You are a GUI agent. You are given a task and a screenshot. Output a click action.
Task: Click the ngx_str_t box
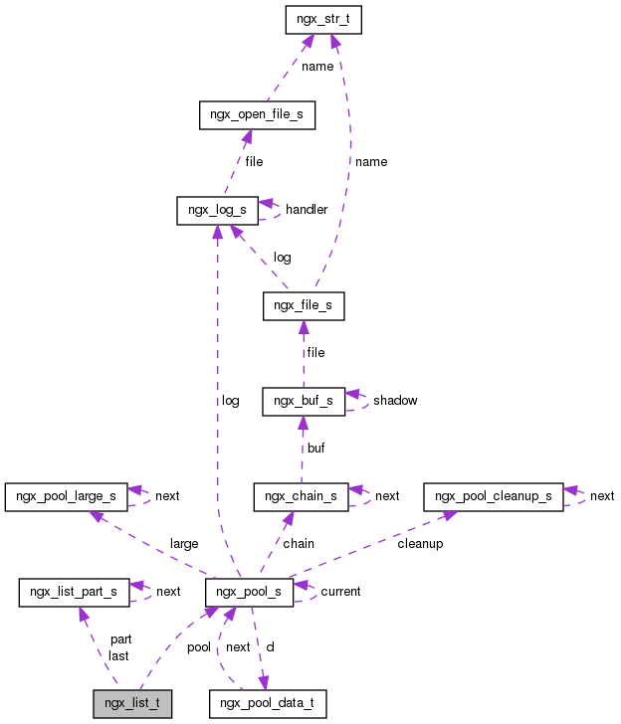(x=322, y=19)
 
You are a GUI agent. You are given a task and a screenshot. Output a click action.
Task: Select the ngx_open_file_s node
(x=257, y=114)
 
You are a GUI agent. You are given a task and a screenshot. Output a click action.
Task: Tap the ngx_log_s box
(x=217, y=210)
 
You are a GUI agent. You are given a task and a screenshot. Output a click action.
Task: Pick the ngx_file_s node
(x=304, y=306)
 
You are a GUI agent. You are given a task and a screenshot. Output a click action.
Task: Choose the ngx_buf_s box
(x=304, y=401)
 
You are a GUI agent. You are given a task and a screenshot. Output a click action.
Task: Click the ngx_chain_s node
(x=301, y=495)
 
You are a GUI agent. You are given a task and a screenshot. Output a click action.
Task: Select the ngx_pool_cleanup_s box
(x=494, y=495)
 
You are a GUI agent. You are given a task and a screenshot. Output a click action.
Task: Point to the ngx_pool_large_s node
(x=68, y=495)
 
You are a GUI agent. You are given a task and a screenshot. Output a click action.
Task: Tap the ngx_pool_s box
(x=249, y=592)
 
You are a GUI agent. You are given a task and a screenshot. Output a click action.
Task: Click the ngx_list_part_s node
(x=74, y=592)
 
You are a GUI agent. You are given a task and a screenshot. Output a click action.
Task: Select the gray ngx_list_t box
(x=132, y=703)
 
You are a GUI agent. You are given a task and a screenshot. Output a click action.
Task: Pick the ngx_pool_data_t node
(x=268, y=703)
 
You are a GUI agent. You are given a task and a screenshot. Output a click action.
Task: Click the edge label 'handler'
(x=307, y=210)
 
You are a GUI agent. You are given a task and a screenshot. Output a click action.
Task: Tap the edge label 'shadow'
(x=395, y=401)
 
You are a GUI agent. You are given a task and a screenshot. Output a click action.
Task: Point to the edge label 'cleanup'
(x=420, y=544)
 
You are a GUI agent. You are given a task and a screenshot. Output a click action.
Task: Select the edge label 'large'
(x=184, y=544)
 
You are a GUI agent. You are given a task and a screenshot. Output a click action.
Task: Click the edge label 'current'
(x=340, y=592)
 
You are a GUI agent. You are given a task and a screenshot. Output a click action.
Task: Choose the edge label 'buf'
(x=315, y=449)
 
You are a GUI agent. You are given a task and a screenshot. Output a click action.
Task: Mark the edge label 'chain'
(x=299, y=544)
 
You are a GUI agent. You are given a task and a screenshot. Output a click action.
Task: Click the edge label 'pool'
(x=199, y=647)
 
